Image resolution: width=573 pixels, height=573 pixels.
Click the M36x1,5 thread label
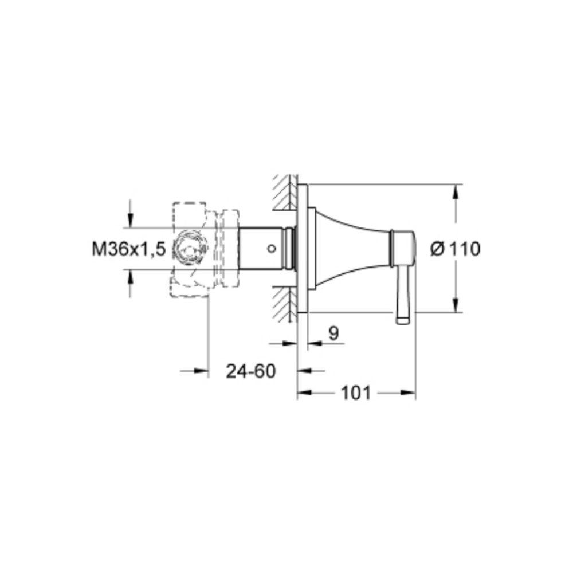pos(128,250)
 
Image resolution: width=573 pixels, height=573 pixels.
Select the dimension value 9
pos(333,333)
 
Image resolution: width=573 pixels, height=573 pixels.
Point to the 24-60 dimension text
pos(251,371)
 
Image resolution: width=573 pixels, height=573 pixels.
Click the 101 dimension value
pos(356,393)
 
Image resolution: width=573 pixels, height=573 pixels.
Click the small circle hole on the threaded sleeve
pos(271,249)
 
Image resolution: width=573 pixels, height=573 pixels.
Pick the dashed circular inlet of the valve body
pos(189,249)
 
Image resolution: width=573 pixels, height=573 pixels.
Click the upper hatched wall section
pos(285,193)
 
